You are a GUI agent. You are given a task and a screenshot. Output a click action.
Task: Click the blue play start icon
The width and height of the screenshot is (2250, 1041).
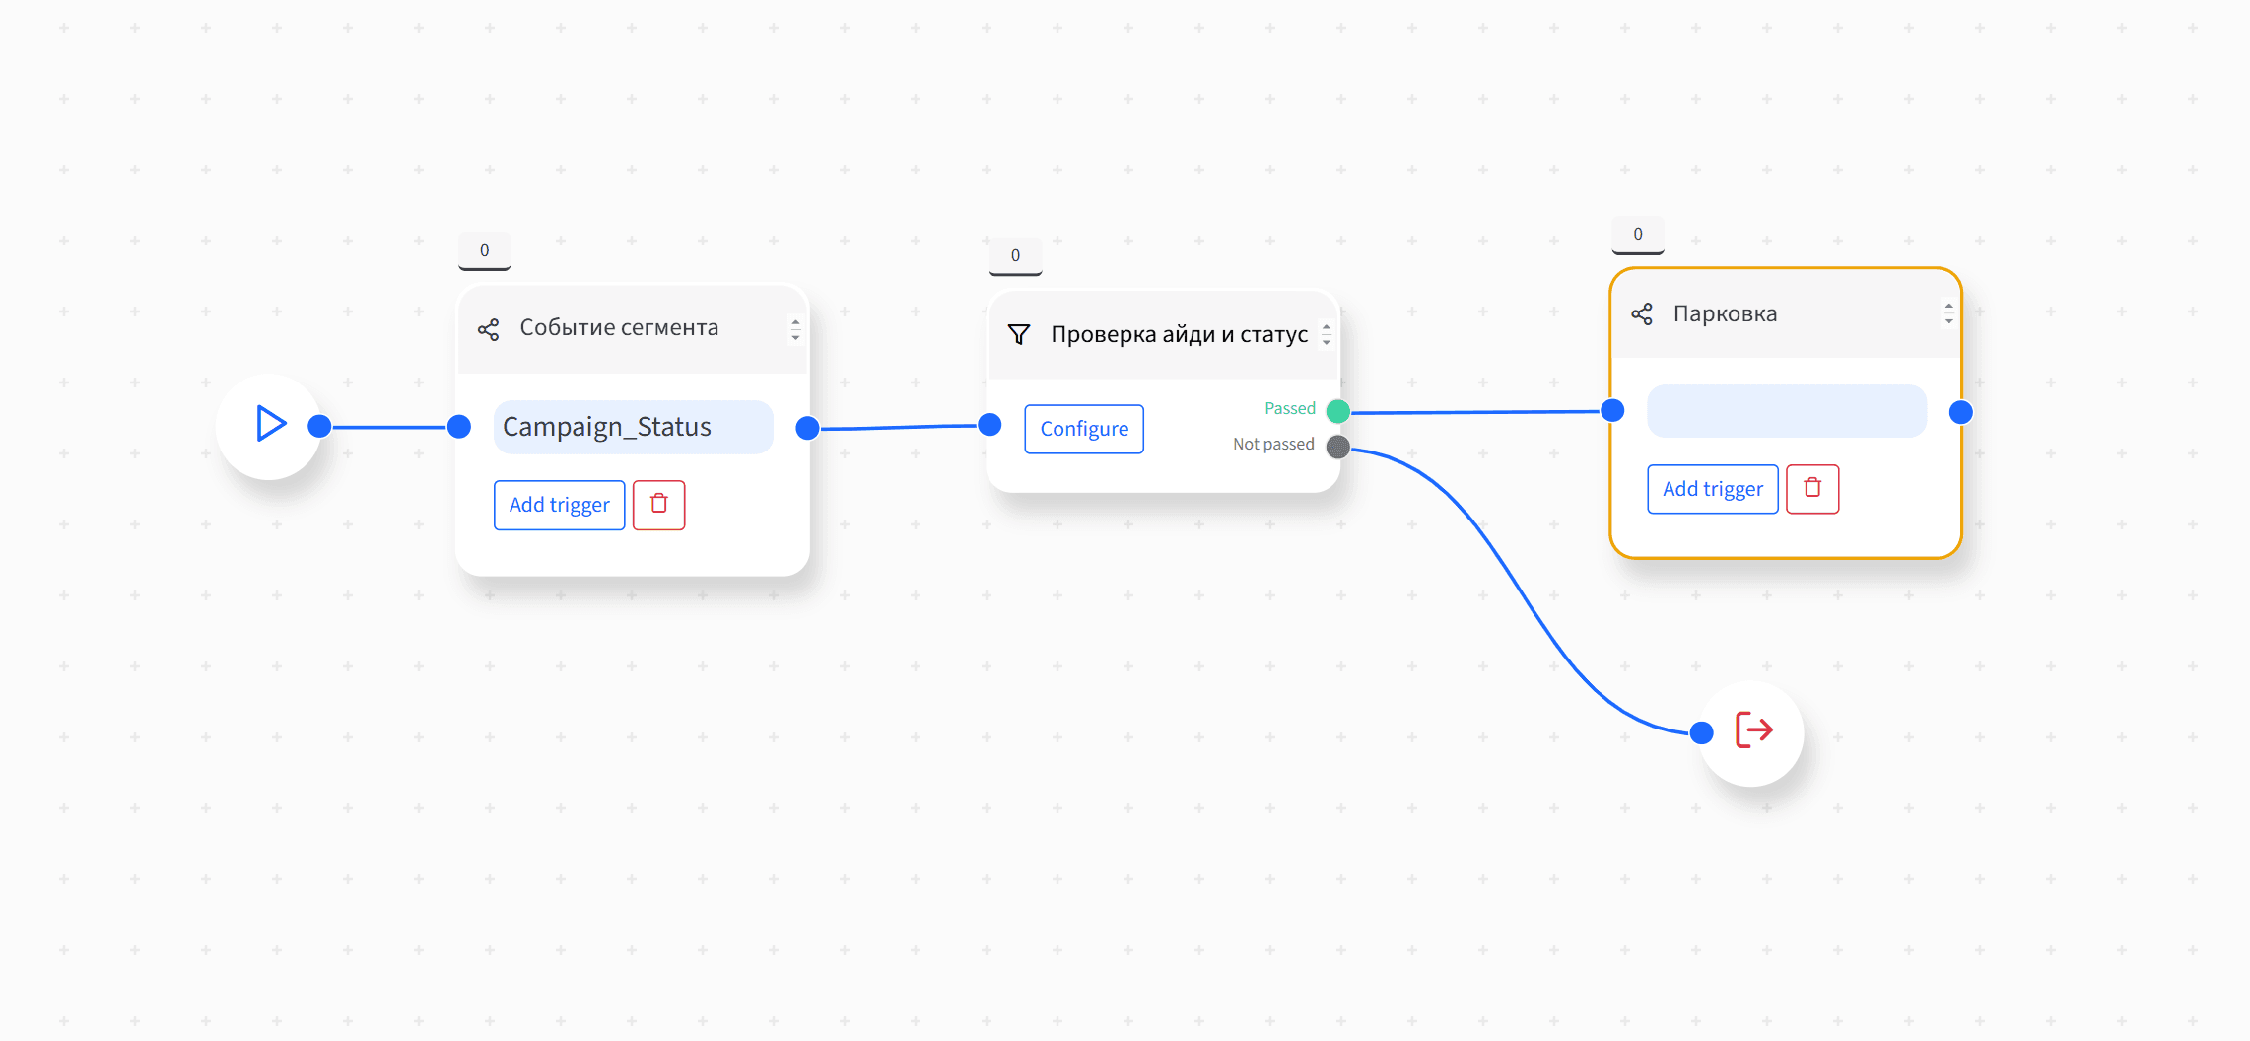271,423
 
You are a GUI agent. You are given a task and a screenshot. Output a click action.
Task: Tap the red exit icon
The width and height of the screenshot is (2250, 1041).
1753,730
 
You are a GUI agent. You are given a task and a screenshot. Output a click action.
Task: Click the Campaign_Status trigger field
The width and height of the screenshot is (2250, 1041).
633,427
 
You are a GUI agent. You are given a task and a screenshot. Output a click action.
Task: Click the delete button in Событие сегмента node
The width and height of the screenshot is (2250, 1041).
658,505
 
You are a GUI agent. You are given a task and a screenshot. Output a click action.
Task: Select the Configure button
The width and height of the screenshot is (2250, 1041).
1084,429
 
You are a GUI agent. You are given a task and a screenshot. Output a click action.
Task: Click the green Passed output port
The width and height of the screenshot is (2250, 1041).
1338,410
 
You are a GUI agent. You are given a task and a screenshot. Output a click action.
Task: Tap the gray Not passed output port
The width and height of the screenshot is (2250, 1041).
1338,447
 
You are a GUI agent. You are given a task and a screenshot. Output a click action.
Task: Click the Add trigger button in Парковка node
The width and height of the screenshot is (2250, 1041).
1713,489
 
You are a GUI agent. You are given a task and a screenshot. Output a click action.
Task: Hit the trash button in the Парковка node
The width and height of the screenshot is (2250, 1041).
1812,489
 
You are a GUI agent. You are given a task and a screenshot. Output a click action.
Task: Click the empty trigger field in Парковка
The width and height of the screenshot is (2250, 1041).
1787,411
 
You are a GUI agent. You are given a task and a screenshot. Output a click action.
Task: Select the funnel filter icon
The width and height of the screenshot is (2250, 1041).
1019,335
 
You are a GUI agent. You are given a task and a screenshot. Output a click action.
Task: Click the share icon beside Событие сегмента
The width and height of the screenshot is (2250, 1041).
489,329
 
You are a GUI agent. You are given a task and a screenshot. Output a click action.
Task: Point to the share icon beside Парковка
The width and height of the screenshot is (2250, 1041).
1642,314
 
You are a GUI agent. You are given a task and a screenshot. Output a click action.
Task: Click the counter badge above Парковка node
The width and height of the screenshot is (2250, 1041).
1638,235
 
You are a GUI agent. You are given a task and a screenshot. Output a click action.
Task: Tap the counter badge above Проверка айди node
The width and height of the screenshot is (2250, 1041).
1015,256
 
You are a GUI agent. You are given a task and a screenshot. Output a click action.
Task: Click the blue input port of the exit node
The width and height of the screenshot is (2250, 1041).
1701,732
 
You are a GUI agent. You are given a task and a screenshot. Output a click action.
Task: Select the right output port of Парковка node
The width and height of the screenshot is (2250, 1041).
1961,412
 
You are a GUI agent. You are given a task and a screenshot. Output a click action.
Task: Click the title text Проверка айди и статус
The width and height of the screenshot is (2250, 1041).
1179,335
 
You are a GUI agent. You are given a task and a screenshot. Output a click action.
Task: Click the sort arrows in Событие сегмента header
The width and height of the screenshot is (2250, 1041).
795,329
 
